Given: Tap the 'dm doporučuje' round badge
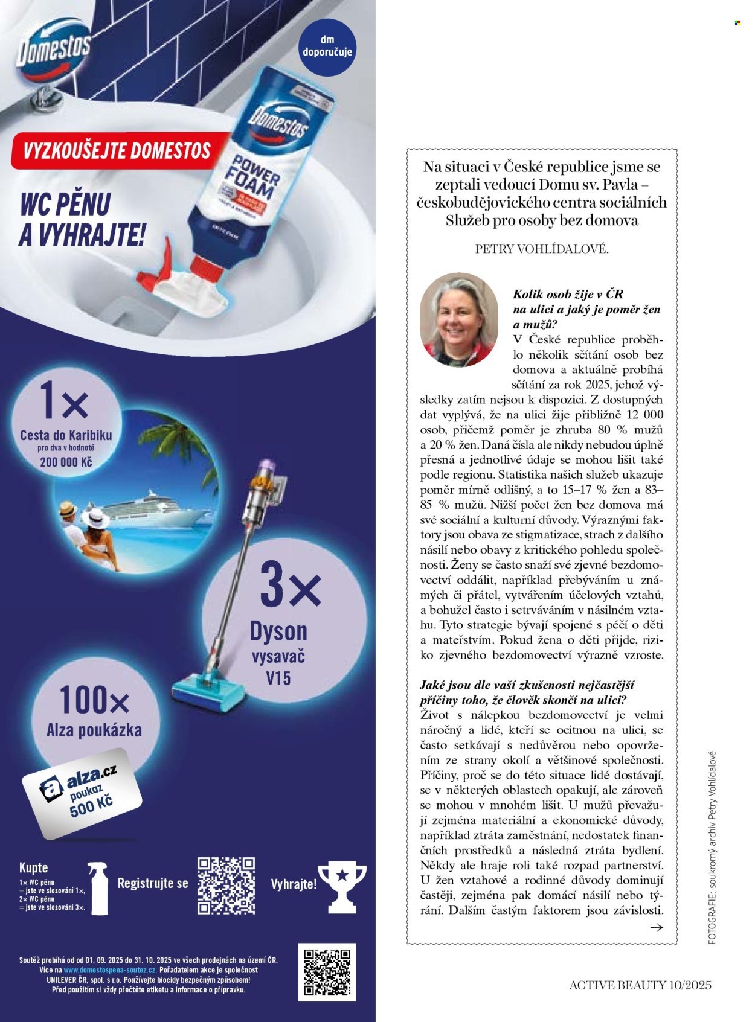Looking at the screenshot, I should point(327,46).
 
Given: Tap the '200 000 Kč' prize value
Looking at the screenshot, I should point(66,463).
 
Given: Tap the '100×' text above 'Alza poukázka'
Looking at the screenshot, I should point(94,701).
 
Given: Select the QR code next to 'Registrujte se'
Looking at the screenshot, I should point(226,885).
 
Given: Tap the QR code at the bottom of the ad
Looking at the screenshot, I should point(327,972).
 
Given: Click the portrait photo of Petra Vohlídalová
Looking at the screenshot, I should point(458,320).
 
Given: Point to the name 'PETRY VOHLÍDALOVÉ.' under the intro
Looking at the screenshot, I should point(542,249).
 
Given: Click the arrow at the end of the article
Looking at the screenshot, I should point(655,928).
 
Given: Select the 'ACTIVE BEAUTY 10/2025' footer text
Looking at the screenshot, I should point(640,985).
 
